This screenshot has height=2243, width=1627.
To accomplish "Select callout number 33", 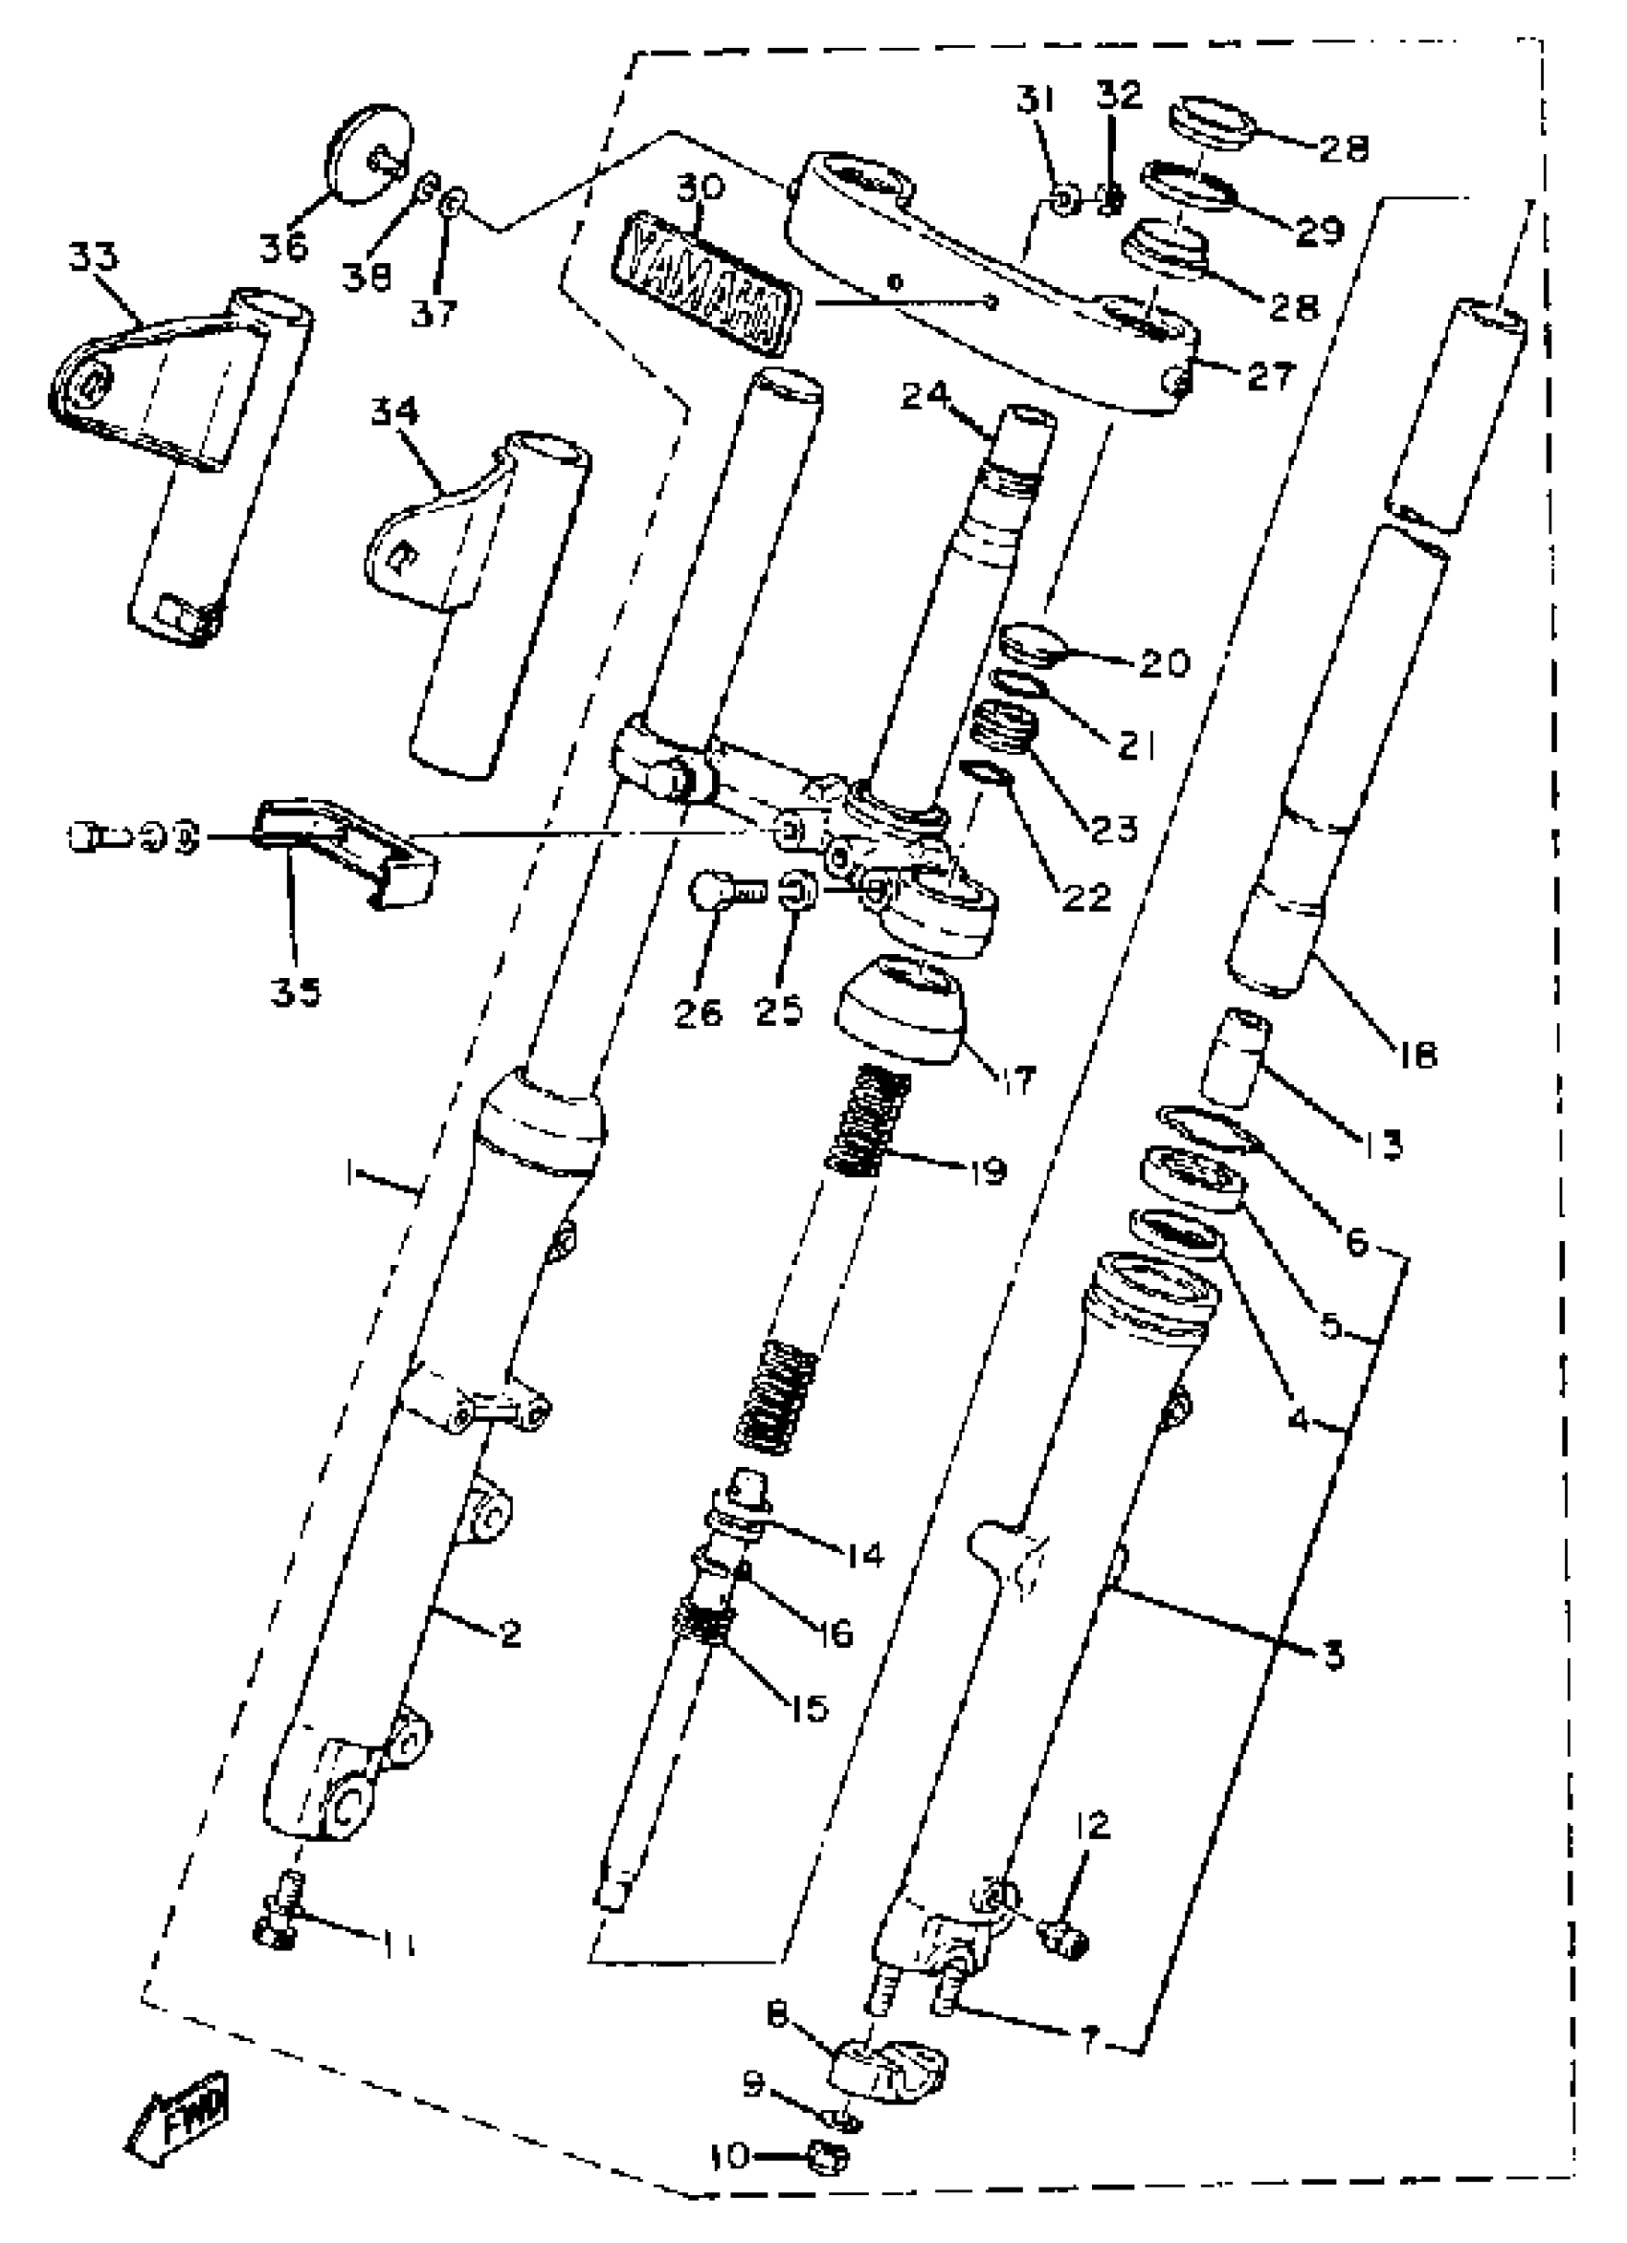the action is pyautogui.click(x=93, y=257).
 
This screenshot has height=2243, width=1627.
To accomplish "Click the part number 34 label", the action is pyautogui.click(x=394, y=412).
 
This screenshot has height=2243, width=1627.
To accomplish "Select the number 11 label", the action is pyautogui.click(x=396, y=1947).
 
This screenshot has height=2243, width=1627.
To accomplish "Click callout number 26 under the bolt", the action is pyautogui.click(x=699, y=1011).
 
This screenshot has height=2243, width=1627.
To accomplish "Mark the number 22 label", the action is pyautogui.click(x=1087, y=897).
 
